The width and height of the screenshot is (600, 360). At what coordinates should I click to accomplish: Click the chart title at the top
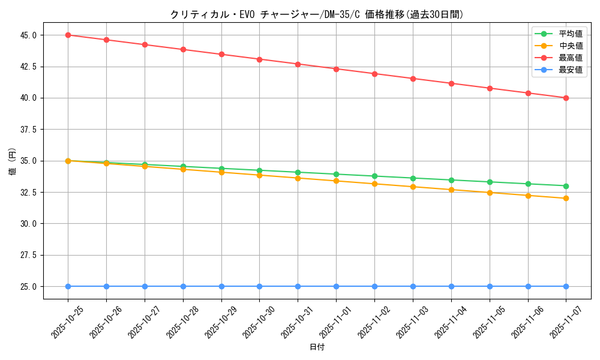tap(317, 14)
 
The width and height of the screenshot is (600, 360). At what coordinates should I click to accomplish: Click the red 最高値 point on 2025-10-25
tap(68, 35)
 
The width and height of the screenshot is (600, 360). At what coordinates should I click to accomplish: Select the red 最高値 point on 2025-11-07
tap(566, 98)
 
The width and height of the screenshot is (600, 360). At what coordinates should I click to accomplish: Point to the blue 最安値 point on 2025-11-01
tap(336, 286)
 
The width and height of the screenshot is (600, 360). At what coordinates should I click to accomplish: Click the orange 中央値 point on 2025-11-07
tap(566, 198)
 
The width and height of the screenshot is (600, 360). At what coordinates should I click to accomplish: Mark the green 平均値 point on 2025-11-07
tap(566, 186)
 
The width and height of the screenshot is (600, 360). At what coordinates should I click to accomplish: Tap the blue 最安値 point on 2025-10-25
tap(68, 286)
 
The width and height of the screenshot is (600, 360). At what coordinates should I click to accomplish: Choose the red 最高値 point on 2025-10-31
tap(298, 64)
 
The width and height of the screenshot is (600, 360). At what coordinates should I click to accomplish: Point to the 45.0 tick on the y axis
tap(28, 35)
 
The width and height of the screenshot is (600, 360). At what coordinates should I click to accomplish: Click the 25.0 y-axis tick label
tap(28, 286)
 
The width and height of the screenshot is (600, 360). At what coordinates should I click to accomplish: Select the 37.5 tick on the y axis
tap(28, 129)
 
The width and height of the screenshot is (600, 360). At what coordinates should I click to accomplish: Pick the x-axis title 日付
tap(317, 347)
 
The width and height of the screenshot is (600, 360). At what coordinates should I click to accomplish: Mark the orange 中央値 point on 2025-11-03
tap(413, 187)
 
